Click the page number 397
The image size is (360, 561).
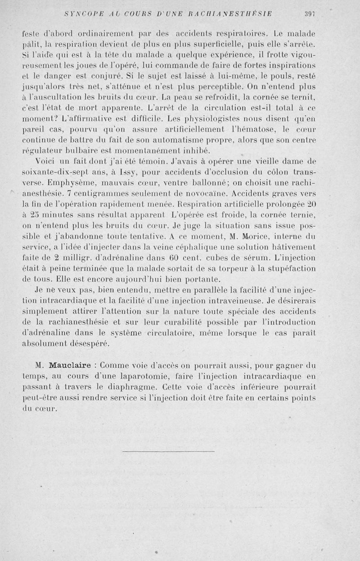[310, 14]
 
